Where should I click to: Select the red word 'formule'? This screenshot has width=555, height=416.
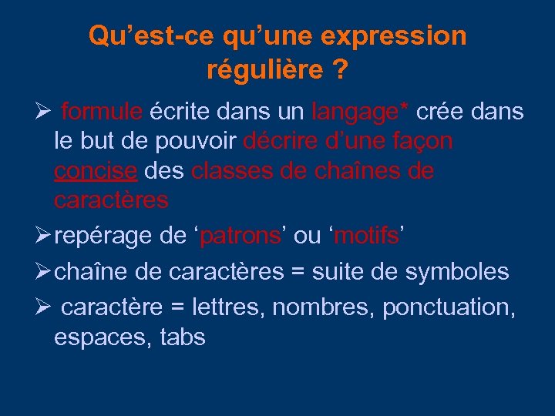(x=101, y=112)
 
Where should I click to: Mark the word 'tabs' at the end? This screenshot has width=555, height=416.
(x=183, y=337)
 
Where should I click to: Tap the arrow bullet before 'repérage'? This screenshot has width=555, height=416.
(x=42, y=236)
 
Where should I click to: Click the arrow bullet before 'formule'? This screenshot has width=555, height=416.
(x=42, y=112)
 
